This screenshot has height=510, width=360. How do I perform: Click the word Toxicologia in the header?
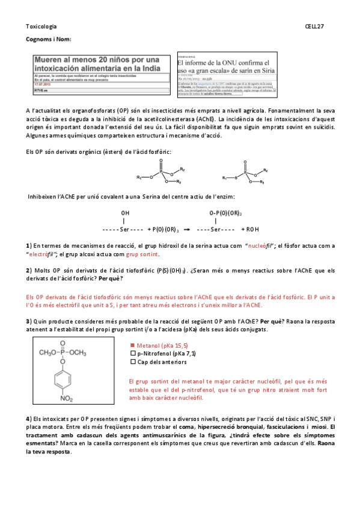click(41, 26)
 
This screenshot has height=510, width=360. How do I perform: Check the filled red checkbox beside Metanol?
click(133, 346)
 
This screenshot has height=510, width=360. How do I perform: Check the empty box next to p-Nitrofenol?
click(133, 354)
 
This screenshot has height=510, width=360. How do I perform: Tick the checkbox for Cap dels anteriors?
click(133, 363)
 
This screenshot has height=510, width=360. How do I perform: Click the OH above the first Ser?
click(125, 213)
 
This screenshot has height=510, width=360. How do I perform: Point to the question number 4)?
click(28, 419)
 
